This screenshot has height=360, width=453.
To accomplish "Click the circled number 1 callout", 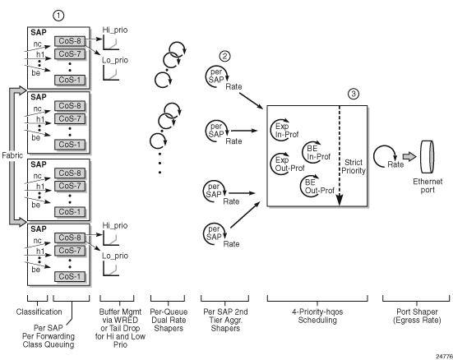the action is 58,16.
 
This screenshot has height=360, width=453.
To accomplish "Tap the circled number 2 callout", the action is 224,56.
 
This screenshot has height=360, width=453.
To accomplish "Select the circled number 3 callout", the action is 354,94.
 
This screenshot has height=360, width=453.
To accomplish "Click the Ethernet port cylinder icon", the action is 427,157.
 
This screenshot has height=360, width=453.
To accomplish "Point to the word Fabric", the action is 12,155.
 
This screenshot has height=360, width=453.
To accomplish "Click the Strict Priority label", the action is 354,166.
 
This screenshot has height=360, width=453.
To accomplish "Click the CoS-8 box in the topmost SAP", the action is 70,41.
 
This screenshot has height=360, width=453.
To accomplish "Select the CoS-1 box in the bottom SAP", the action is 70,276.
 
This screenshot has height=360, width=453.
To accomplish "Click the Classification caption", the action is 39,312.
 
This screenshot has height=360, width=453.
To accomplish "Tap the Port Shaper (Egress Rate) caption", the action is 417,316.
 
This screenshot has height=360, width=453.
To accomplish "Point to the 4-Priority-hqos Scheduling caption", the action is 317,316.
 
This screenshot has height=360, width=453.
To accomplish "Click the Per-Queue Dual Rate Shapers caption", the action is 169,320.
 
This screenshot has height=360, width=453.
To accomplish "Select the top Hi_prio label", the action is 115,30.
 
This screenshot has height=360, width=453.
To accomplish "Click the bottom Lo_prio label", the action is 115,256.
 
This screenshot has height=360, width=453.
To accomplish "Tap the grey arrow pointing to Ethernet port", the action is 409,157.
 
